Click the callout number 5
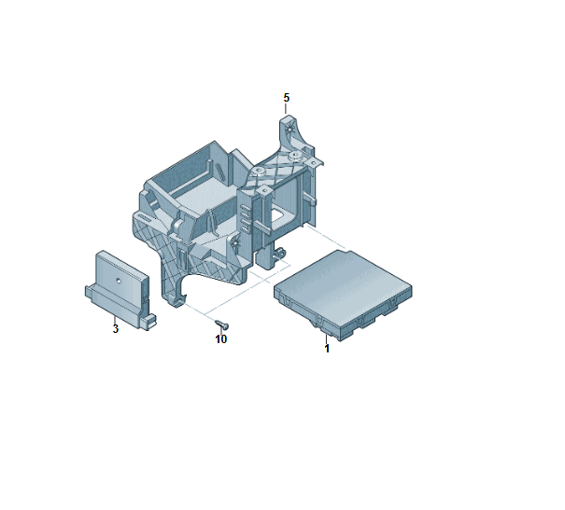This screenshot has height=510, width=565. [287, 98]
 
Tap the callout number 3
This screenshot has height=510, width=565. [115, 329]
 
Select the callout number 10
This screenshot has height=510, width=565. [221, 339]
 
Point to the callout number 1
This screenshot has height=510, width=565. [327, 349]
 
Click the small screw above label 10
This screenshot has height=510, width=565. [222, 324]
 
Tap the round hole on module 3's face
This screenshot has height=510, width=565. [118, 281]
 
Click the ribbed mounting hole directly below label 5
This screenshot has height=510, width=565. [289, 129]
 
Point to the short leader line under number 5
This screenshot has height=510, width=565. [286, 108]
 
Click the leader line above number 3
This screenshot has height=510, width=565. [115, 320]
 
